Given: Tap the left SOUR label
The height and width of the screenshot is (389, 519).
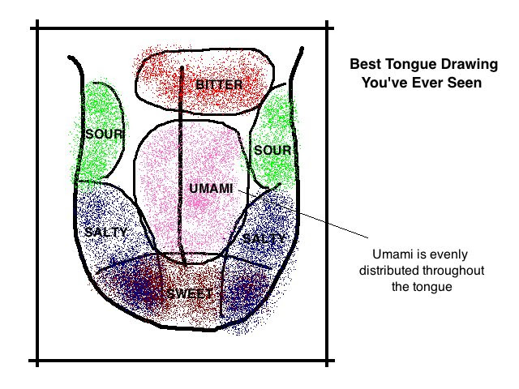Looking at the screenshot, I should [x=105, y=134].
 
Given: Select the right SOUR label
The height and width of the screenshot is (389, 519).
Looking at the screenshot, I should [x=272, y=150].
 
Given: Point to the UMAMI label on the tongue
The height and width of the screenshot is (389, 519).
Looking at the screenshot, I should [x=210, y=188].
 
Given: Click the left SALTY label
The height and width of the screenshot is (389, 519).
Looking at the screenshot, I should [x=105, y=232].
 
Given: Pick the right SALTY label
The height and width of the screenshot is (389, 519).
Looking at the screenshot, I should [x=264, y=238].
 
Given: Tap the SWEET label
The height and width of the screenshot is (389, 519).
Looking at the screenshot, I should [x=189, y=293].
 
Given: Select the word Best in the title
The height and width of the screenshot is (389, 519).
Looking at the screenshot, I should [x=362, y=63].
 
